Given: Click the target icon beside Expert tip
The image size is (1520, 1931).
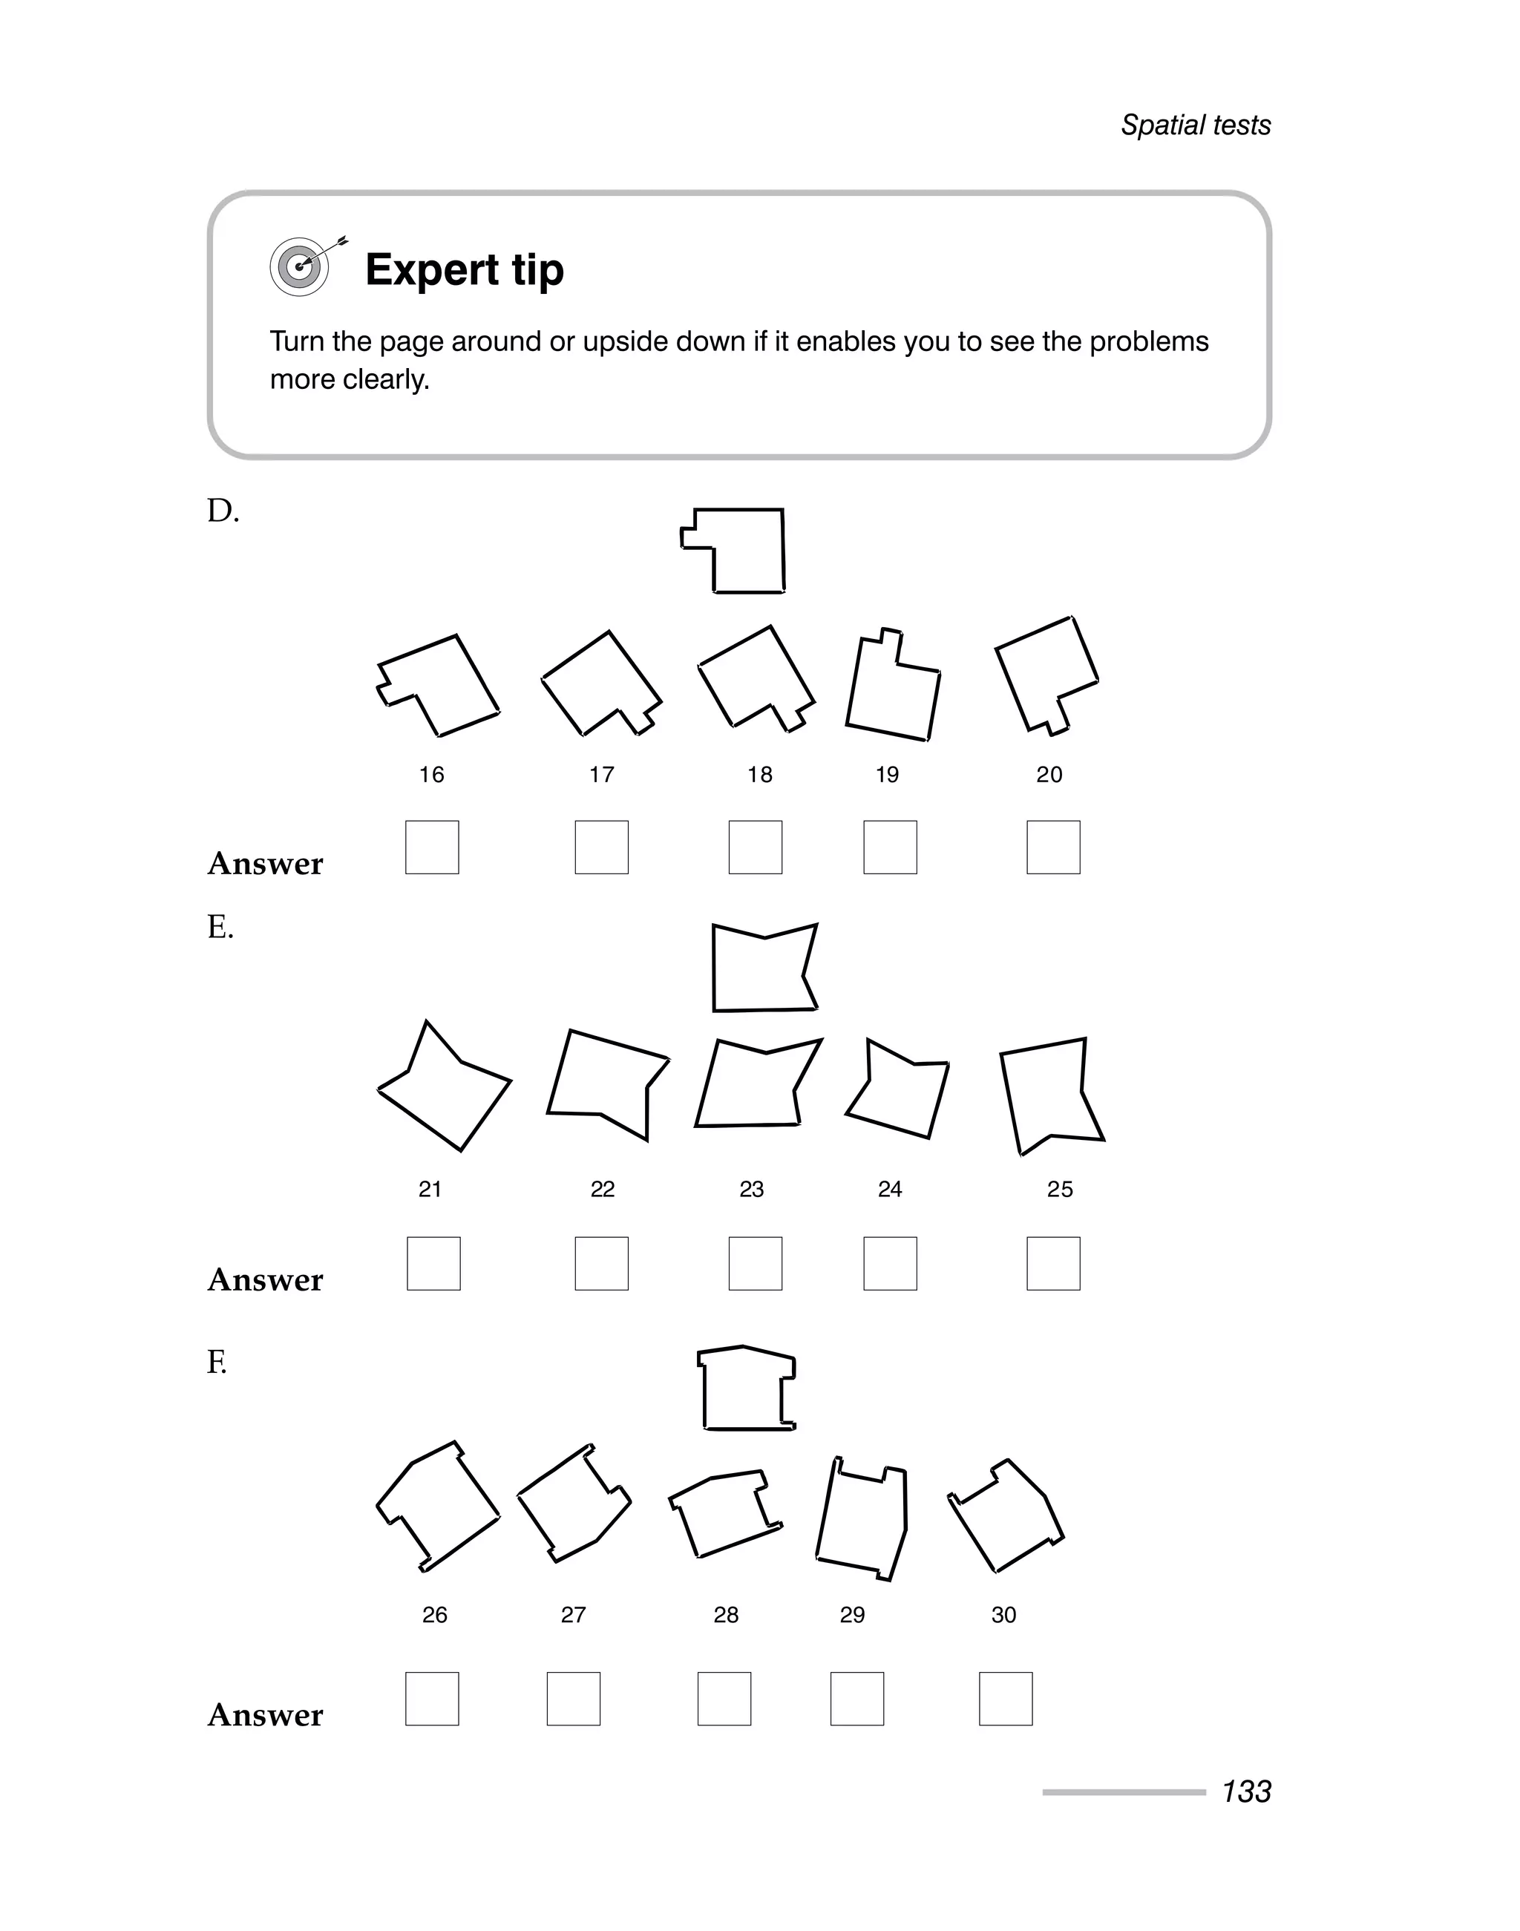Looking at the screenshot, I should [301, 266].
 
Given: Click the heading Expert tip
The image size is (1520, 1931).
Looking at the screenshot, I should [464, 269].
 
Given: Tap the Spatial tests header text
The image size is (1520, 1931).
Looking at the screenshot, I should [1194, 125].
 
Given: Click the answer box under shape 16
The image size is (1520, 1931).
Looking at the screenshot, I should [432, 848].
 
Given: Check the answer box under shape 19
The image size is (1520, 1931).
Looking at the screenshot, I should [890, 848].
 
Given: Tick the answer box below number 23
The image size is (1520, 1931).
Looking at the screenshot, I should [755, 1264].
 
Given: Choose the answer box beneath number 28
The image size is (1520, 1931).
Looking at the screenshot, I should [724, 1699].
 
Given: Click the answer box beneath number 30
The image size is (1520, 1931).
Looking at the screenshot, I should [1006, 1699].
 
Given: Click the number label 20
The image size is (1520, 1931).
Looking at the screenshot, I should [1049, 775].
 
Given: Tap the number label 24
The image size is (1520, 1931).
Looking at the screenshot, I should [890, 1190].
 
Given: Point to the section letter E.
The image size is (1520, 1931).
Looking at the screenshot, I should [220, 928].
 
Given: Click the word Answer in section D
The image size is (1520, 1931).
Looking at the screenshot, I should [265, 864].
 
